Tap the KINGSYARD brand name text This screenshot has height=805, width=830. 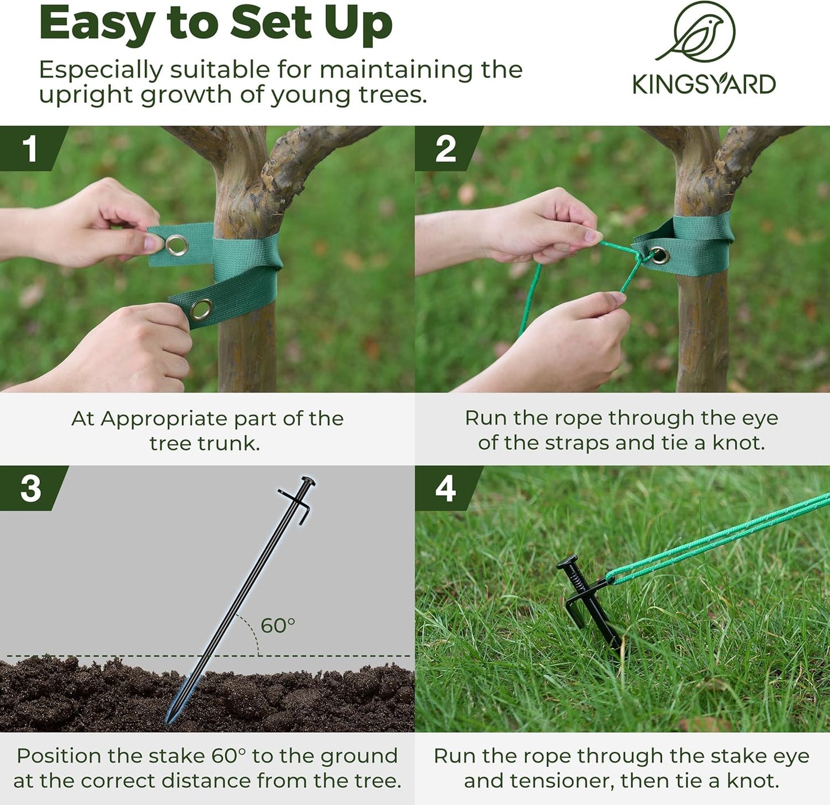704,84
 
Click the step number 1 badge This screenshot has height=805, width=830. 30,149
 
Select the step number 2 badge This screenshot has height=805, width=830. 445,149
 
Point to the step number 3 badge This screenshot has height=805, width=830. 30,488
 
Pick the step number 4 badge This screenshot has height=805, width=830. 445,488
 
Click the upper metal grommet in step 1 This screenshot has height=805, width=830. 176,245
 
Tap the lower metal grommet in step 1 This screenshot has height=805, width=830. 201,310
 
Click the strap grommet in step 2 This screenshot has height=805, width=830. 659,255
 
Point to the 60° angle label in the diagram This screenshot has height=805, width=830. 278,625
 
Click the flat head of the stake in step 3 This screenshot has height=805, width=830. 308,481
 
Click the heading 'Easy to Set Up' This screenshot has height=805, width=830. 215,24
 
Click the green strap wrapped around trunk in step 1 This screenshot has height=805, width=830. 247,264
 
